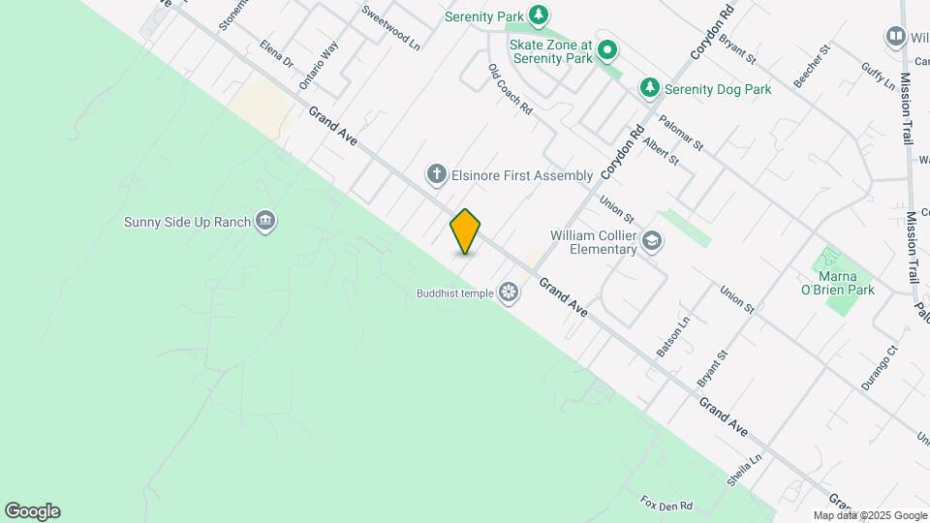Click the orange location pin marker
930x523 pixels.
(x=465, y=231)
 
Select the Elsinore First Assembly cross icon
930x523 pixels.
(x=436, y=175)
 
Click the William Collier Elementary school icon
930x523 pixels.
(x=653, y=241)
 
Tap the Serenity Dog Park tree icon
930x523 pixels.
(x=650, y=89)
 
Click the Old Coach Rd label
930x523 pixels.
(x=511, y=90)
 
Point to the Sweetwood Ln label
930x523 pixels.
(x=390, y=27)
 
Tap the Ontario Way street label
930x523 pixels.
(x=319, y=65)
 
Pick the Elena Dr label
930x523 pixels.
(x=276, y=54)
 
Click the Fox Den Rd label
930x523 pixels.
(x=666, y=505)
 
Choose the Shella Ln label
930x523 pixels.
(x=745, y=471)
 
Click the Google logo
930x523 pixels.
(x=32, y=511)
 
